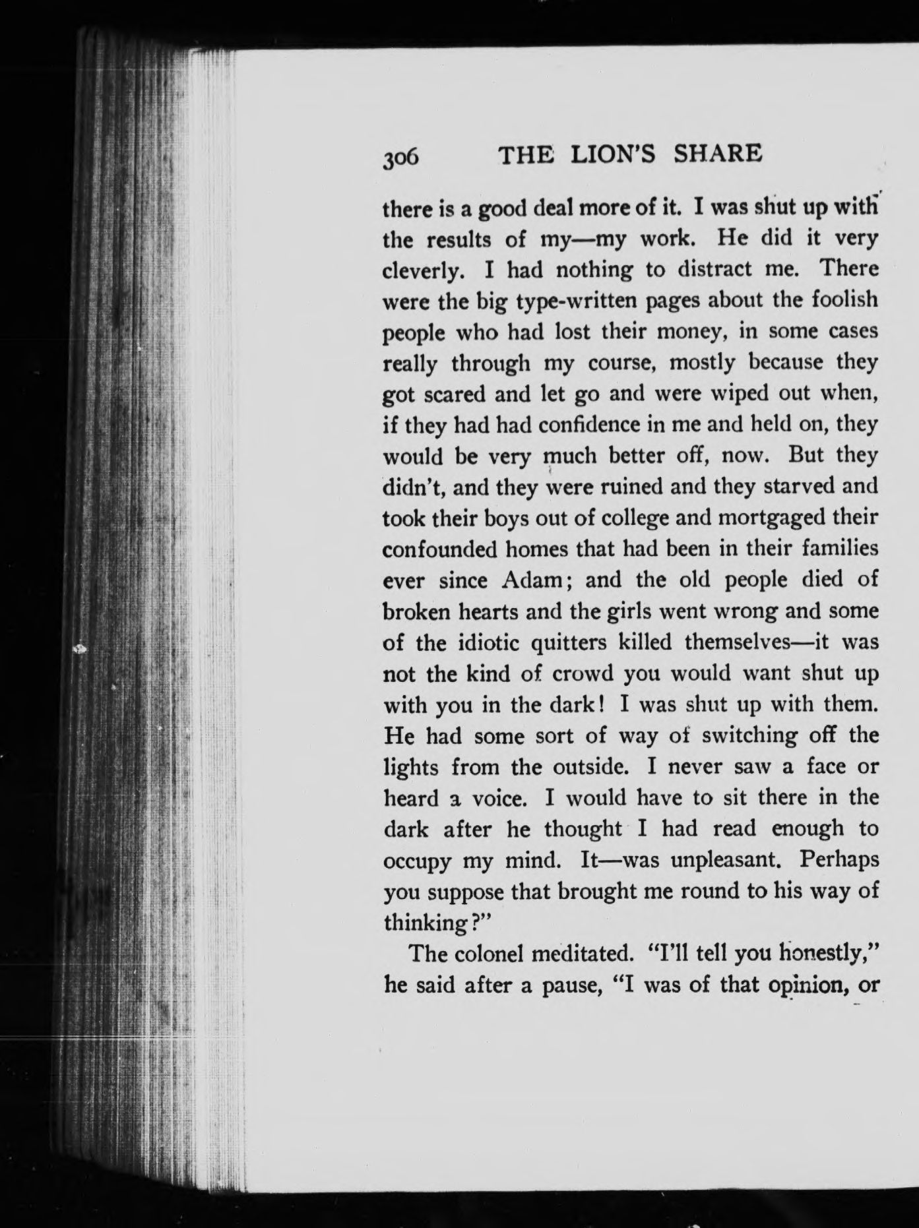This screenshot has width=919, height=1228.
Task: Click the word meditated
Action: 591,954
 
